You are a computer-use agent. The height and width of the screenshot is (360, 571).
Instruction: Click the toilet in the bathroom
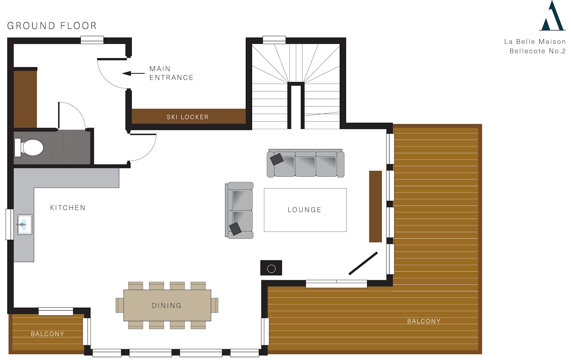point(29,147)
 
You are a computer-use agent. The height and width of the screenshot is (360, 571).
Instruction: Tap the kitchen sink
point(25,224)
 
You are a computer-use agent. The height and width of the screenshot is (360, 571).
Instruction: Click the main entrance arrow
point(133,73)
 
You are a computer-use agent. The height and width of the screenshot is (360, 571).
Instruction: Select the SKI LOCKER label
point(188,117)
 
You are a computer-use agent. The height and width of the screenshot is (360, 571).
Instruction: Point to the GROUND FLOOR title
point(52,26)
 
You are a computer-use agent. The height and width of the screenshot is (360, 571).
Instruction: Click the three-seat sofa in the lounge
point(305,163)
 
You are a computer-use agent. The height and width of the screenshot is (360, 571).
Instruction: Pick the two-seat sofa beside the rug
point(239,210)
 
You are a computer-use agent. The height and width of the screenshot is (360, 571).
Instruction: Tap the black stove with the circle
point(271,268)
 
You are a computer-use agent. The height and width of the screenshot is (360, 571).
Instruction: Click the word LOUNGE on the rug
point(305,210)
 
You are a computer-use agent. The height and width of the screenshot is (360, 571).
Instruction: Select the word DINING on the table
point(167,305)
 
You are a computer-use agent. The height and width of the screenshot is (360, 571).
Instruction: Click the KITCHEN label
point(68,208)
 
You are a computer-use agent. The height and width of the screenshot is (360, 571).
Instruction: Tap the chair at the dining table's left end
point(120,305)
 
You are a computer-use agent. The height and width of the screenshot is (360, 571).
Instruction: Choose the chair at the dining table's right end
point(215,305)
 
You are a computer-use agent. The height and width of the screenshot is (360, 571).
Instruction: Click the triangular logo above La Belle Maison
point(552,16)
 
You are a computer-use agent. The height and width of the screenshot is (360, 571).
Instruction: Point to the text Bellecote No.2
point(538,51)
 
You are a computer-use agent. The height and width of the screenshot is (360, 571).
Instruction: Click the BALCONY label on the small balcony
point(47,334)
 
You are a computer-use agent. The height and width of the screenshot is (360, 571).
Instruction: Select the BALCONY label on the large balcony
point(424,321)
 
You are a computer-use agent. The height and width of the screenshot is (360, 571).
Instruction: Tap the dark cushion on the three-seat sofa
point(277,159)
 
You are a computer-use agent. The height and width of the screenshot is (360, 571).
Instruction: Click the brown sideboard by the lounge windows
point(376,207)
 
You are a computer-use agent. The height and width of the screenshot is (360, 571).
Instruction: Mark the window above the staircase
point(274,40)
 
